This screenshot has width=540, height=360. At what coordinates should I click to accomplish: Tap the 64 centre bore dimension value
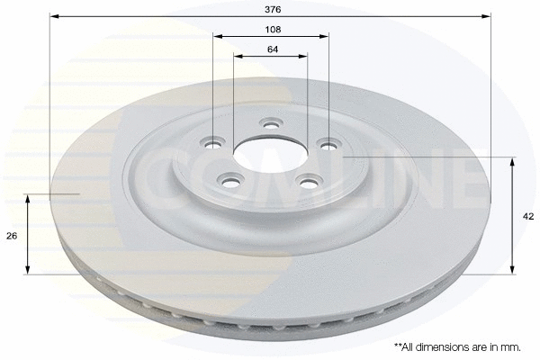tap(272, 49)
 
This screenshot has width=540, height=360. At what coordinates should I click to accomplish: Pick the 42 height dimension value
tap(528, 216)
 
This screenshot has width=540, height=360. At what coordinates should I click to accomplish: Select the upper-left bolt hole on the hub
tap(214, 141)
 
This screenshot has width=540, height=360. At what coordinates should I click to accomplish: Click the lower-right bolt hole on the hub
tap(308, 181)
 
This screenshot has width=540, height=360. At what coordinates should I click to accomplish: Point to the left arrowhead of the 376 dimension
tap(51, 17)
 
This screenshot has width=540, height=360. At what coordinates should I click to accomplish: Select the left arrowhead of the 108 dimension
tap(216, 37)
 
